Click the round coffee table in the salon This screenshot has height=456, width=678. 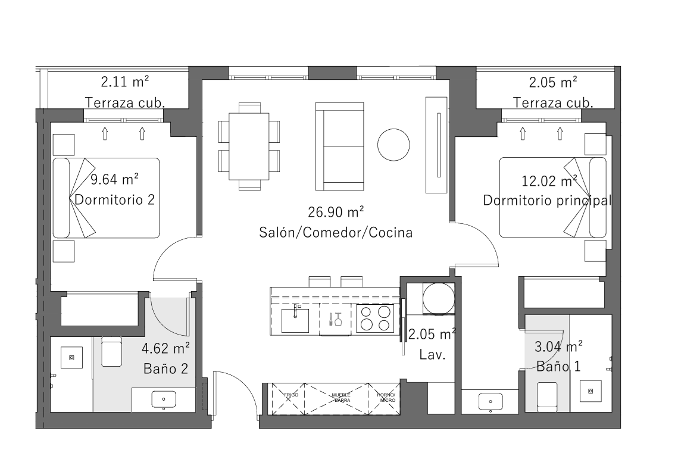393,145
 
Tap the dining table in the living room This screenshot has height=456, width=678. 249,146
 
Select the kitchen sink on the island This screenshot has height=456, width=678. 295,320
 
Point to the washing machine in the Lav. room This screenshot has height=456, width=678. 439,298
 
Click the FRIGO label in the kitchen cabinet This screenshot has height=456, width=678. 291,395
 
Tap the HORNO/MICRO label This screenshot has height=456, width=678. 386,398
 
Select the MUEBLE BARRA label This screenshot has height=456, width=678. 342,398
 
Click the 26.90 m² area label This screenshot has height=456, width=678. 336,212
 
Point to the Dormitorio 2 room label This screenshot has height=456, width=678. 114,199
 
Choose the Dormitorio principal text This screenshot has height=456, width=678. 548,200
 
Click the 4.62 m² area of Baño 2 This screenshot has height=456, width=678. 165,348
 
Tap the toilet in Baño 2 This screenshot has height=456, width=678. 112,351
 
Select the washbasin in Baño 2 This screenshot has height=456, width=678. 164,400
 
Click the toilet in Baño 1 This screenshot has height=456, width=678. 547,397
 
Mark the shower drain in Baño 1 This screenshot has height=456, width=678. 590,391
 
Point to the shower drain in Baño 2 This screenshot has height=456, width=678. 72,357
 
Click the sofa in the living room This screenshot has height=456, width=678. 339,146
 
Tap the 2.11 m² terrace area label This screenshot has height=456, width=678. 125,82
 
